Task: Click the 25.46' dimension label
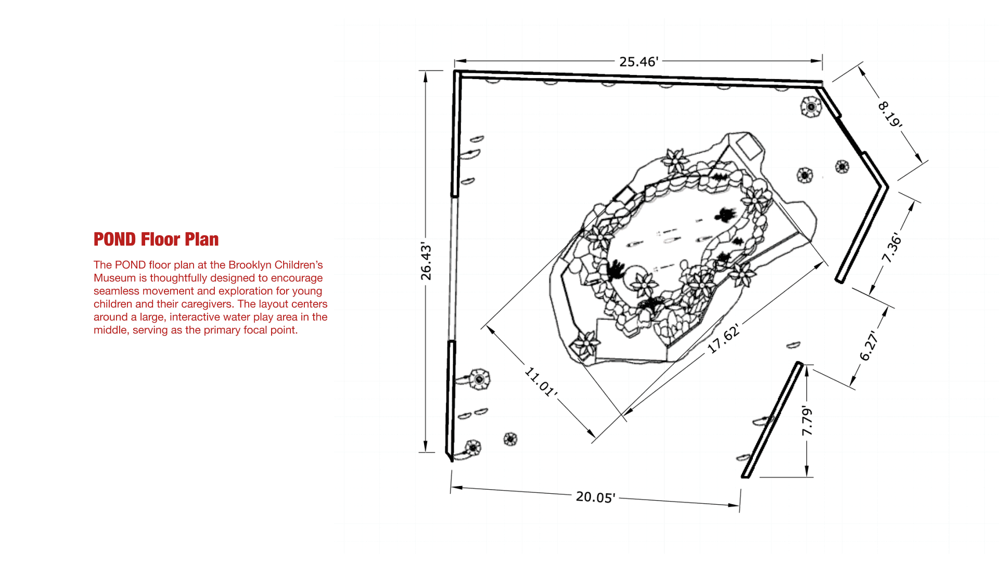638,61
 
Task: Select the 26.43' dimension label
426,261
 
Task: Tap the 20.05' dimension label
595,497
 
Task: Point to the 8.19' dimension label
890,114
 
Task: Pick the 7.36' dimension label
892,247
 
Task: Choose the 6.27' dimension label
869,346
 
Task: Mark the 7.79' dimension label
806,420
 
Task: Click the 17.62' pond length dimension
724,338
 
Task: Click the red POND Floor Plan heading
156,239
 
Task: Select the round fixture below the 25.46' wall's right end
811,107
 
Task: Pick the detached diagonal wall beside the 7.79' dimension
771,420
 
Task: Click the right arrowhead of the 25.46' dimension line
817,61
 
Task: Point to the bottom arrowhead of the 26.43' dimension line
426,447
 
